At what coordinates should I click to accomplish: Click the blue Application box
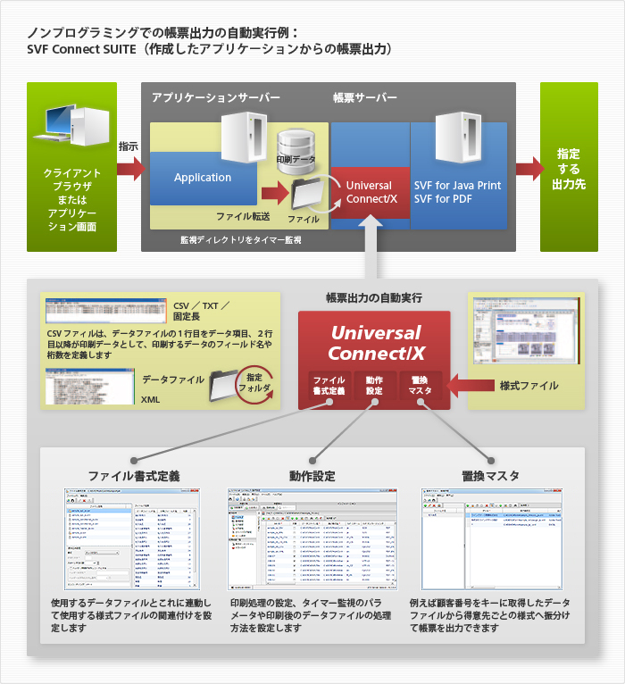pyautogui.click(x=203, y=177)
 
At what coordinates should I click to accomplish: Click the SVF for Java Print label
pyautogui.click(x=457, y=185)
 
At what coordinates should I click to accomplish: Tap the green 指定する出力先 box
pyautogui.click(x=569, y=168)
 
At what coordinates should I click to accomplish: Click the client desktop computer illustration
pyautogui.click(x=71, y=125)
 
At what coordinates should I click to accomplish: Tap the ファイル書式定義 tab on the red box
pyautogui.click(x=329, y=385)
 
